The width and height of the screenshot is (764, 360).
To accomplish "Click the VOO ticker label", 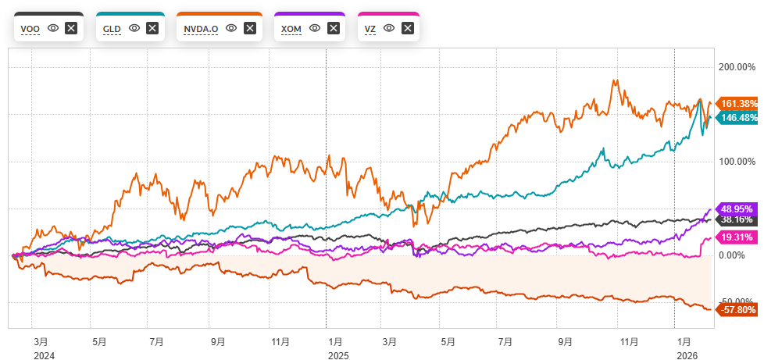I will tap(30, 28).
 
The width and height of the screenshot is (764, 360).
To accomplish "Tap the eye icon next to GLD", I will tap(134, 28).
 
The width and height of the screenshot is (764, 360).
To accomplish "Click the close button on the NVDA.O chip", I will tap(250, 28).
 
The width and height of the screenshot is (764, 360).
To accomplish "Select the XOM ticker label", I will tap(292, 28).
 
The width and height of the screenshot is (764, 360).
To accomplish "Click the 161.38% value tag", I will tap(737, 103).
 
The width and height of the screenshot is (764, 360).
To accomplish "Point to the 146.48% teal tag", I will tap(737, 117).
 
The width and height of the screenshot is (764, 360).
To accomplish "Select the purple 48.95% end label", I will tap(737, 209).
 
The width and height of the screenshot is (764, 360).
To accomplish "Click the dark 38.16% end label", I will tap(737, 220).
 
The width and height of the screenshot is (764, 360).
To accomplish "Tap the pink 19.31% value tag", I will tap(737, 236).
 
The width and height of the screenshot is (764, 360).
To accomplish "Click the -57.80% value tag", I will tap(737, 310).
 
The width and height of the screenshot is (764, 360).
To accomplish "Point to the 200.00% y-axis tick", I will tap(737, 67).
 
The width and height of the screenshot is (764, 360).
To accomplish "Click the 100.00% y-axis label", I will tap(737, 162).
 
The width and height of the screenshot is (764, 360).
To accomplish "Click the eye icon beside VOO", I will tap(52, 28).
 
